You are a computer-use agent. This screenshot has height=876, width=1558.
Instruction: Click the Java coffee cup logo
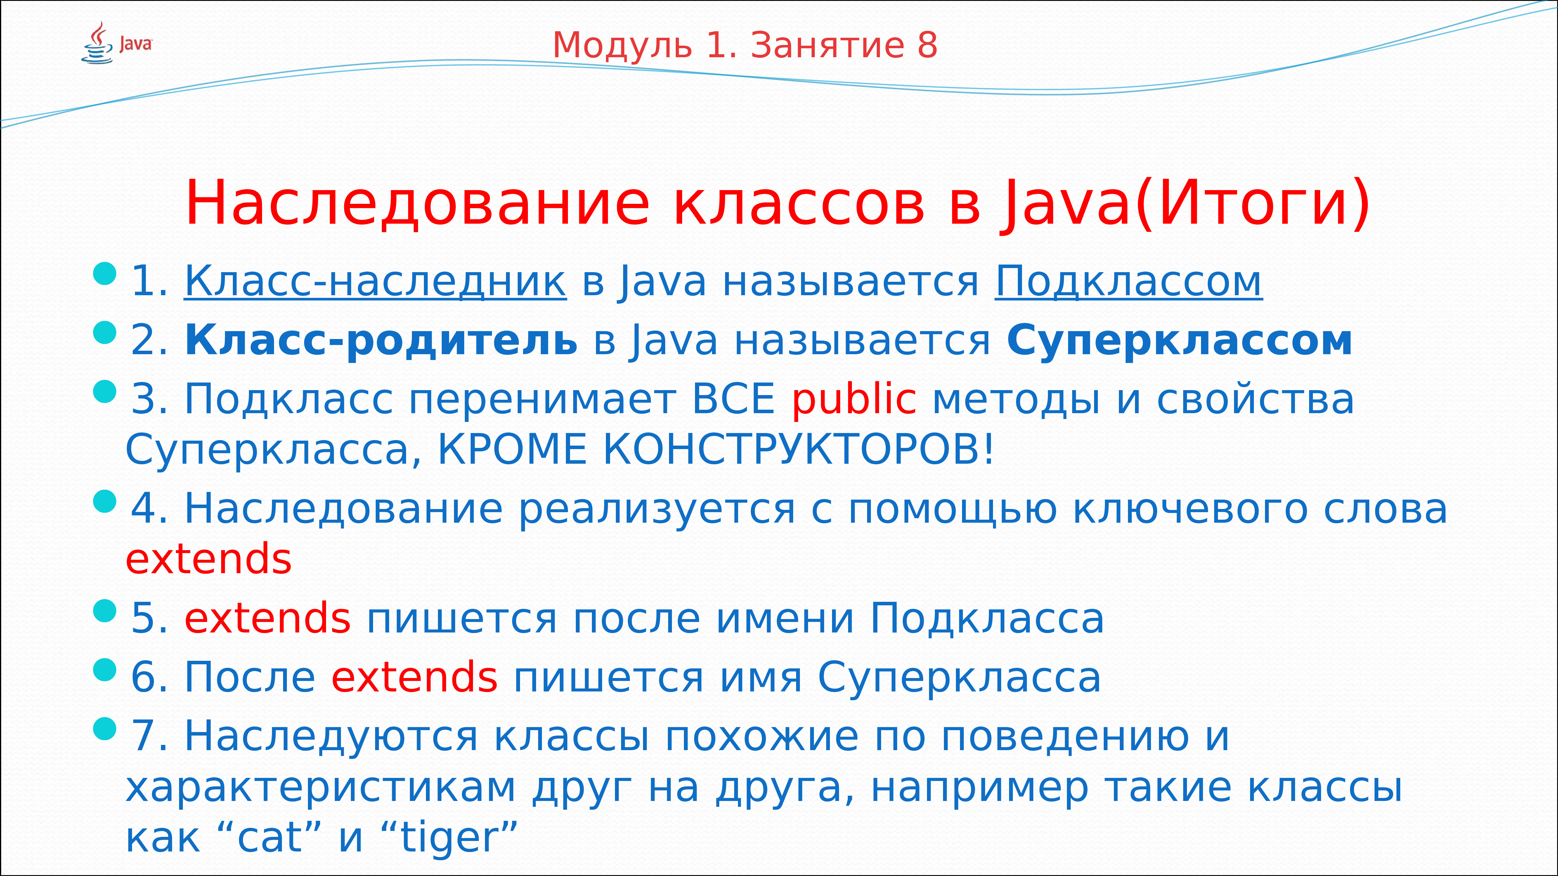tap(97, 44)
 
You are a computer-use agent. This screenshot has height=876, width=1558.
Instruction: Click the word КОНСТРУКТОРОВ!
tap(798, 449)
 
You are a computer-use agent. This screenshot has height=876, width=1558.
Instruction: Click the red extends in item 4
tap(209, 559)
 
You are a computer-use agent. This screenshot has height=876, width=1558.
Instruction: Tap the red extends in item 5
tap(267, 618)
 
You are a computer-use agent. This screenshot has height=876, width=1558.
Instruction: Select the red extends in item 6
tap(414, 677)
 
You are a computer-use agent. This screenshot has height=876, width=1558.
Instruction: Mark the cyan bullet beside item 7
tap(105, 729)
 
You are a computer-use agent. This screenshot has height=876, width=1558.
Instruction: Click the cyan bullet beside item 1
tap(105, 273)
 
